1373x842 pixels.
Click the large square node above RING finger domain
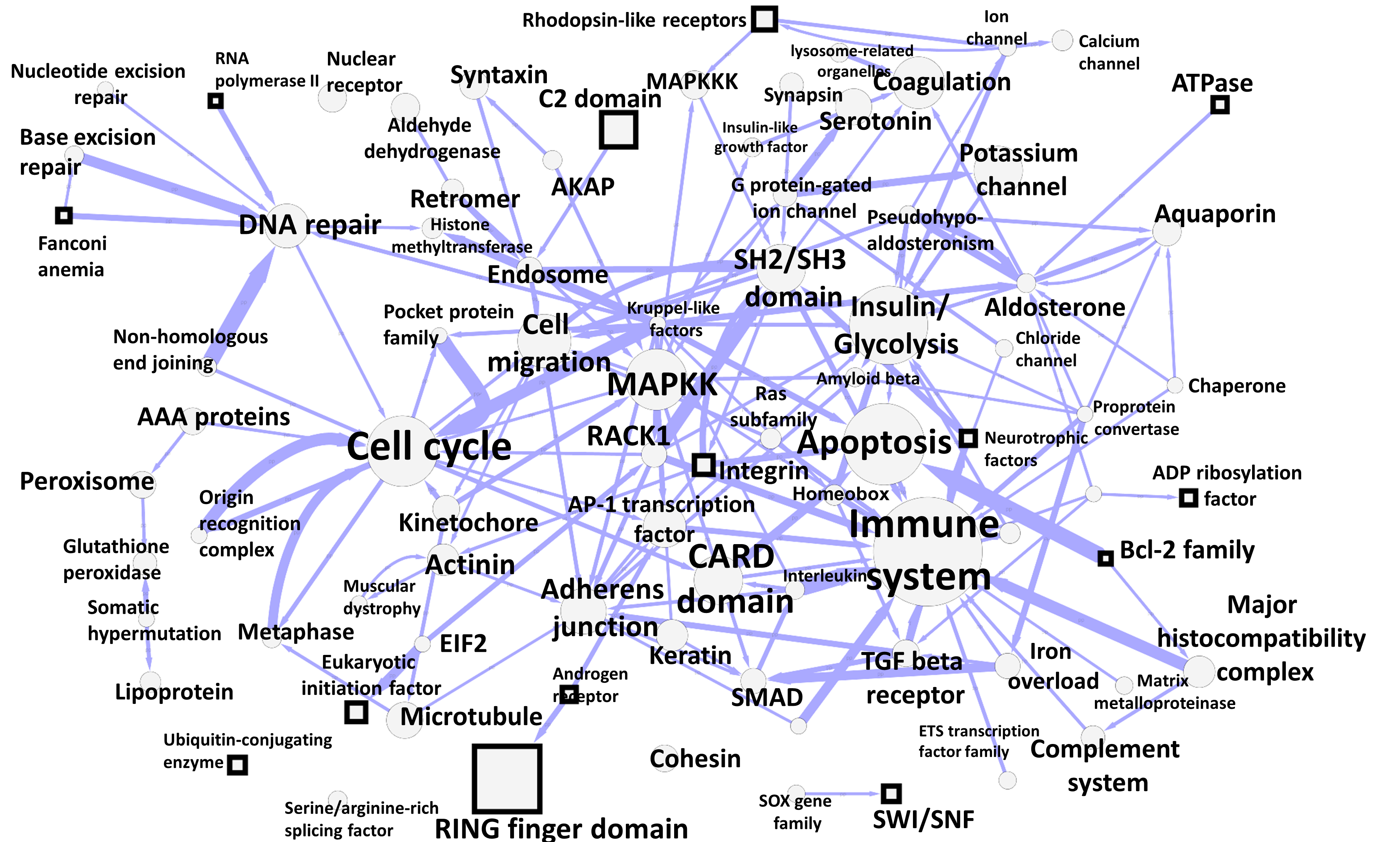click(x=506, y=778)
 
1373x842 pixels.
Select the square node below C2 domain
click(x=618, y=130)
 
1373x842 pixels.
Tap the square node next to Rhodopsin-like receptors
click(x=764, y=19)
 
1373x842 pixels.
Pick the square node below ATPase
click(x=1220, y=104)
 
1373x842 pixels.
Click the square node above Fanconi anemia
click(x=64, y=215)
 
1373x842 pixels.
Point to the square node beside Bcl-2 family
click(x=1105, y=558)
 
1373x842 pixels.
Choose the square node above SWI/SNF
click(x=891, y=793)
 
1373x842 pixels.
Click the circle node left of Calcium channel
click(x=1062, y=41)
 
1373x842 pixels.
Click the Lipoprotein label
click(x=174, y=692)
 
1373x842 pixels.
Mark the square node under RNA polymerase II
click(x=216, y=101)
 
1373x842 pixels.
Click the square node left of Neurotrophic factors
click(x=968, y=438)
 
